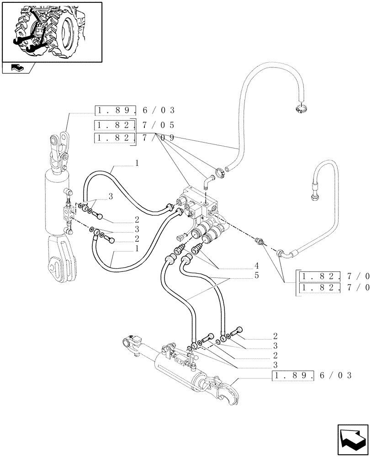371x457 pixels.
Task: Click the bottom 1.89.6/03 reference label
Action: (x=312, y=376)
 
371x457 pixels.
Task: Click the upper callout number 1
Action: (x=136, y=163)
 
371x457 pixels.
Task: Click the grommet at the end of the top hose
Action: (x=301, y=108)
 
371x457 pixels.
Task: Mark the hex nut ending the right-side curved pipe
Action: (x=315, y=198)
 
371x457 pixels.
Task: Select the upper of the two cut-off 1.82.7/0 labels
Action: (x=334, y=276)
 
